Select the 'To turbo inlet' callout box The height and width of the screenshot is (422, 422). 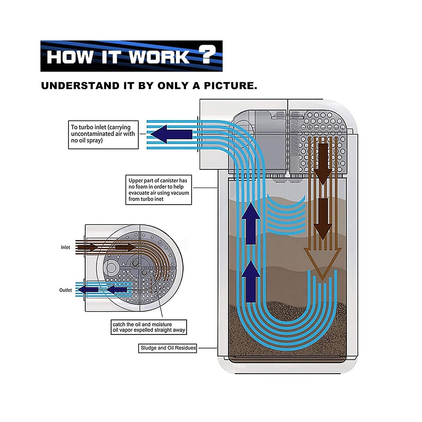(103, 135)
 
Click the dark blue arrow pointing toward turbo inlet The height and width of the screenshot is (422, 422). (171, 134)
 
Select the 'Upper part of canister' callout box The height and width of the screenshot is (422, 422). (159, 190)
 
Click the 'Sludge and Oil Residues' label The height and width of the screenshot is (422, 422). (168, 348)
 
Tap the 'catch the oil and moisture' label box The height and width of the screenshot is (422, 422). (149, 327)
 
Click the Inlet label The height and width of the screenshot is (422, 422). (65, 247)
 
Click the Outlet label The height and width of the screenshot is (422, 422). (65, 290)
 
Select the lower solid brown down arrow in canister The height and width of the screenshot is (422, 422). (322, 219)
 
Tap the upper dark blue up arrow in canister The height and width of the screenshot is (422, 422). (251, 223)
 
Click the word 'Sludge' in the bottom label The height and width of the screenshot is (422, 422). (148, 348)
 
